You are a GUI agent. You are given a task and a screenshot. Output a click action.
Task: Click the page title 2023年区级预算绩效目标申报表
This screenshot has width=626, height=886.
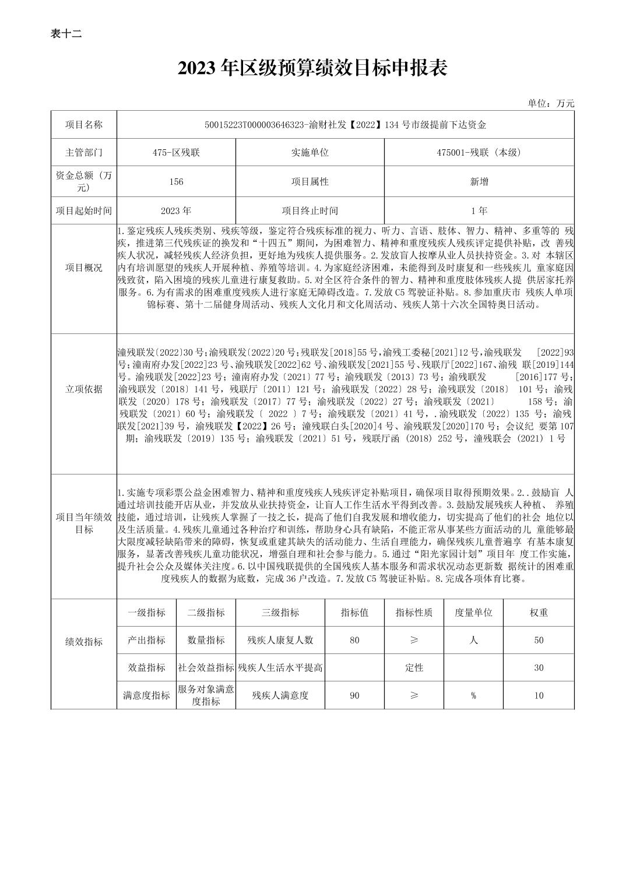[x=312, y=69]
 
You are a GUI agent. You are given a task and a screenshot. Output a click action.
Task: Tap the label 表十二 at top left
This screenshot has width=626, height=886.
[x=66, y=34]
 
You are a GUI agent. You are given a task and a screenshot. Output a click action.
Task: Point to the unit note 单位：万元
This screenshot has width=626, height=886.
[x=551, y=103]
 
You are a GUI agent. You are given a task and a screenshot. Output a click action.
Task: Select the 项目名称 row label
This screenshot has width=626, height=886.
[x=83, y=125]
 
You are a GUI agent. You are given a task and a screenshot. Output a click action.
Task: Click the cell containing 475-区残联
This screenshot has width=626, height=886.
[x=176, y=153]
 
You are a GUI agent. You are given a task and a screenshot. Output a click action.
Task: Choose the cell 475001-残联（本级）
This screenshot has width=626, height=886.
[x=479, y=153]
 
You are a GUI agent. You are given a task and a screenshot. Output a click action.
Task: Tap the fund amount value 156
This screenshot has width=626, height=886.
[x=176, y=182]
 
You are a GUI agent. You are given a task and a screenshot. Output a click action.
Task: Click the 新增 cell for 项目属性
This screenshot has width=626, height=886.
[x=479, y=182]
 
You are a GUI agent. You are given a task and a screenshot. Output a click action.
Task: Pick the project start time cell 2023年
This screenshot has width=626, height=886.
[x=176, y=211]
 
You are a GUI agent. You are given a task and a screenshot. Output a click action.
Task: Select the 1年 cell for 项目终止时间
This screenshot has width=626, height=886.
[x=479, y=211]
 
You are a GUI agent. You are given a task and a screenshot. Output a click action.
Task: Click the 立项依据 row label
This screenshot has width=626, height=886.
[x=83, y=389]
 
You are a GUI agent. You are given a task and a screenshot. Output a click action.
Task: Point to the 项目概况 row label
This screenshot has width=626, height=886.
[x=83, y=268]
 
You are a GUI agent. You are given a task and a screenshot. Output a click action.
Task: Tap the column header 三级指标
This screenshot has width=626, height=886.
[x=280, y=613]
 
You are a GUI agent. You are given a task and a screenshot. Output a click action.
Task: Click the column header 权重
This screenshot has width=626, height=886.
[x=539, y=613]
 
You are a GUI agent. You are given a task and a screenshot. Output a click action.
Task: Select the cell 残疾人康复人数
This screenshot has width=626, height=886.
[x=280, y=640]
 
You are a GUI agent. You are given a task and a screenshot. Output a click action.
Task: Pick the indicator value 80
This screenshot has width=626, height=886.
[x=354, y=640]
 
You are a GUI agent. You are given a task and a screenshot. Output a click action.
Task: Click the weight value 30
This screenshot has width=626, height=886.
[x=539, y=668]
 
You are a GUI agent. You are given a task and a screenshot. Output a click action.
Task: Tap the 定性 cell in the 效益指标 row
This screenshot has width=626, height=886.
[x=414, y=668]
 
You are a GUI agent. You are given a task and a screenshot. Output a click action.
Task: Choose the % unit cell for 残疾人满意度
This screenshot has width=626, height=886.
[x=473, y=695]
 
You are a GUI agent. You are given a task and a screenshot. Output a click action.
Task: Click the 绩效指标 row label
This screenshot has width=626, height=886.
[x=83, y=642]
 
